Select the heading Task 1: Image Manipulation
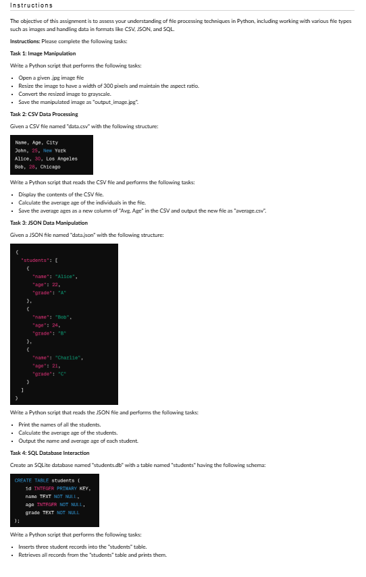click(43, 53)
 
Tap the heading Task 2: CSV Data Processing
click(45, 115)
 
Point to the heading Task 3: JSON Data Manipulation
click(49, 223)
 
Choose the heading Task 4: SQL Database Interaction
click(50, 453)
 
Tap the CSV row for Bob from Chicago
click(38, 166)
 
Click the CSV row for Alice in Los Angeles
click(46, 159)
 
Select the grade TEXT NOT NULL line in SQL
click(53, 512)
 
